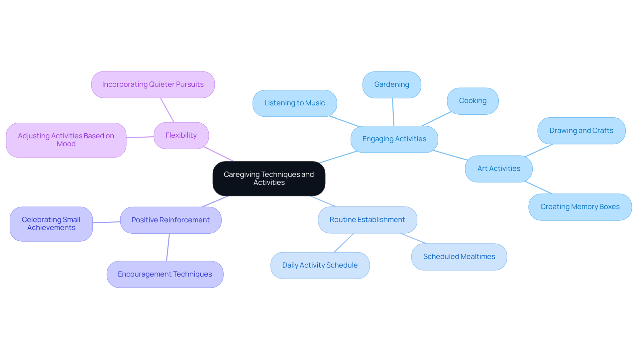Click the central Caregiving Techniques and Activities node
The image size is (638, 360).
269,179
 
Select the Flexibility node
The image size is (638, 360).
181,135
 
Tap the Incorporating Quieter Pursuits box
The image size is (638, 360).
153,84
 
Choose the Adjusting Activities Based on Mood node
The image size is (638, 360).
66,140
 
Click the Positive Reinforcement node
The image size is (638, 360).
170,220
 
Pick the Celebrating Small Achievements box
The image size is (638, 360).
51,224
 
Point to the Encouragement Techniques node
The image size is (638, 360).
165,274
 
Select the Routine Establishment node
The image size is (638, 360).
367,220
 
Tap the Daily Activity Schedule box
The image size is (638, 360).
320,265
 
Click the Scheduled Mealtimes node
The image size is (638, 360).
459,257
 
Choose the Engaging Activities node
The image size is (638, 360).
394,139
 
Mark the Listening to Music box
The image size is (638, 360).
294,103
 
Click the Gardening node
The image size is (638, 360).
391,84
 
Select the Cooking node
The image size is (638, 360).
473,101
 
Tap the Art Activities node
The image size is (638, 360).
498,169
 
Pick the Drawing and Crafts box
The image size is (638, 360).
581,131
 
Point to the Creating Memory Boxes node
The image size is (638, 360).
580,207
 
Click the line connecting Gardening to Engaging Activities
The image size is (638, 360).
393,112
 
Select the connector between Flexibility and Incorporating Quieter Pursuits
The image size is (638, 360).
167,110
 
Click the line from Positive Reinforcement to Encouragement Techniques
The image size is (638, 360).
168,247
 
